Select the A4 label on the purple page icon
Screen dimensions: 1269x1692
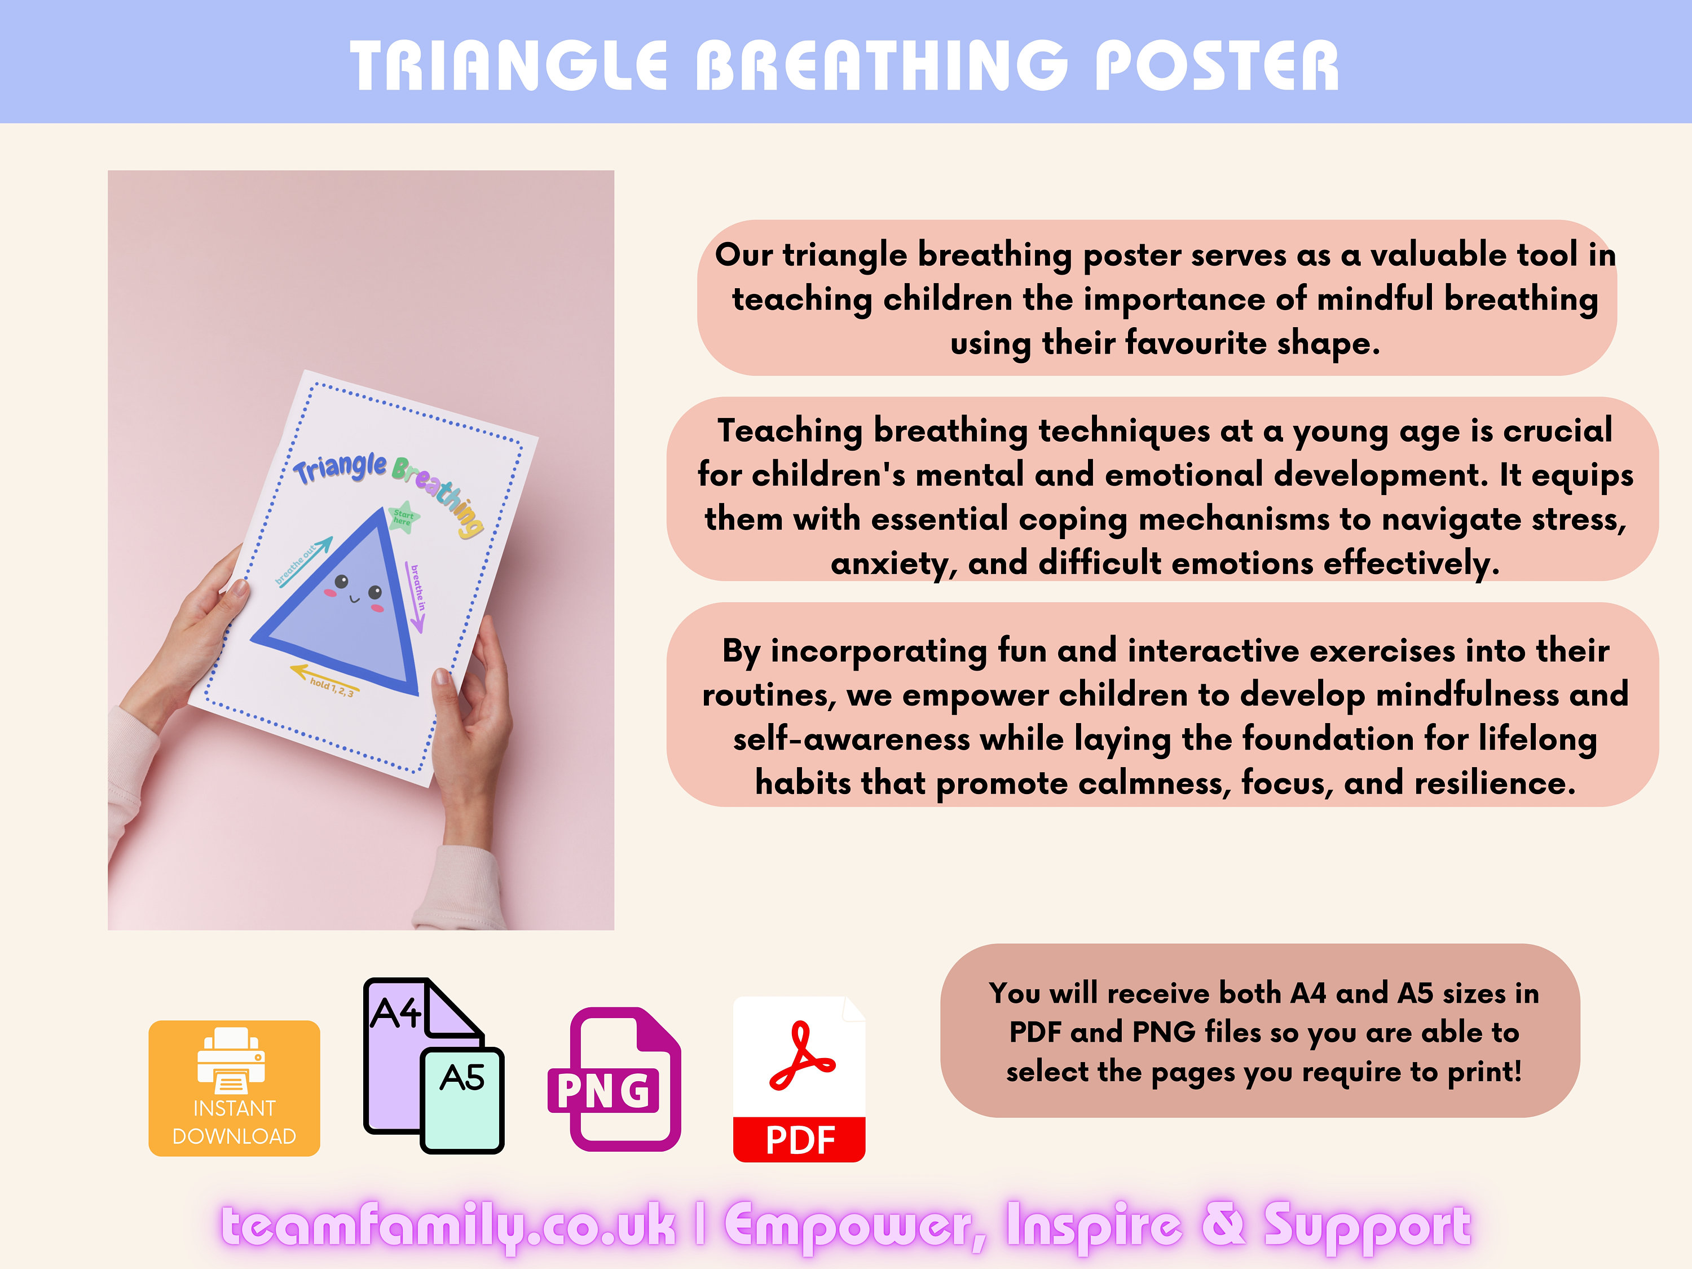[x=395, y=1014]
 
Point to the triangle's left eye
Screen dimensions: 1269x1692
[x=341, y=581]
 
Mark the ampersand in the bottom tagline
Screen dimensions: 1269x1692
[x=1223, y=1223]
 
